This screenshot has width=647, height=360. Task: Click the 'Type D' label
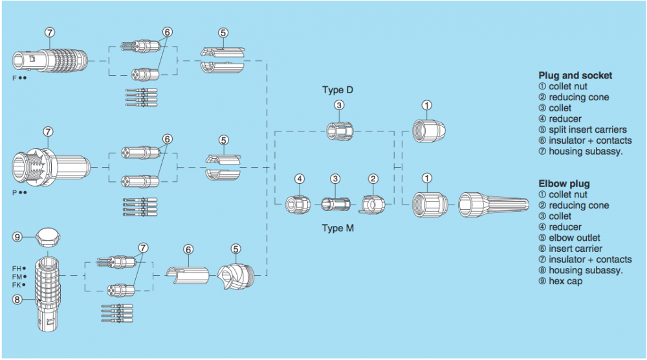(x=338, y=90)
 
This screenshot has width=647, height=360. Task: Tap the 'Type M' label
(x=338, y=229)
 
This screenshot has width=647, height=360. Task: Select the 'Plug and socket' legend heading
(x=575, y=75)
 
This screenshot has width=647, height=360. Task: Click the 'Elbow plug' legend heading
(x=564, y=183)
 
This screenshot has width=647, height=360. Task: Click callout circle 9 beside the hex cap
(x=18, y=237)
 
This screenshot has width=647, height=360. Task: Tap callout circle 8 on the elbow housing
(x=18, y=299)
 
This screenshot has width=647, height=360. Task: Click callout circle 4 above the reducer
(x=299, y=178)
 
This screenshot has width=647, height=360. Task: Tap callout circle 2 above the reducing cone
(x=373, y=178)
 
